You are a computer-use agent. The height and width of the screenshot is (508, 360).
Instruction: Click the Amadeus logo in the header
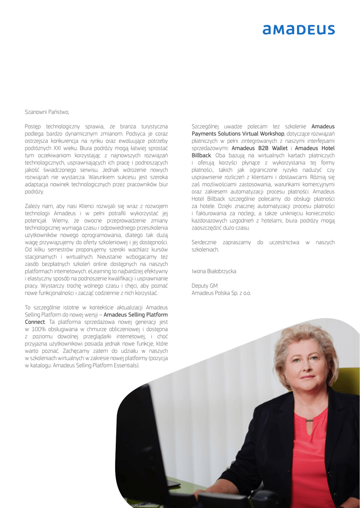click(298, 30)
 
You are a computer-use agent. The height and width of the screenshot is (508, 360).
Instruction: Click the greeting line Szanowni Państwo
click(47, 112)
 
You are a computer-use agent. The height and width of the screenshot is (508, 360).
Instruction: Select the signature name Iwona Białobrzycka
click(214, 271)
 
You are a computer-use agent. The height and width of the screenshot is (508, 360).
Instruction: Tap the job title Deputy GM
click(205, 286)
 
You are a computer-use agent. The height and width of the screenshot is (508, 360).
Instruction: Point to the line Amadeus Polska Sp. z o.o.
click(221, 293)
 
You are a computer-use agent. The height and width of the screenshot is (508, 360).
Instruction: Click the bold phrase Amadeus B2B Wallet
click(259, 148)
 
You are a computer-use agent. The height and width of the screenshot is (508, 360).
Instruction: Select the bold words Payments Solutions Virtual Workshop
click(238, 134)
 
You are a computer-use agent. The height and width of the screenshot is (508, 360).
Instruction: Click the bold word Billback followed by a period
click(201, 156)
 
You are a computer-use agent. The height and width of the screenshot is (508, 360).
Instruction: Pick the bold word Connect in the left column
click(35, 322)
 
